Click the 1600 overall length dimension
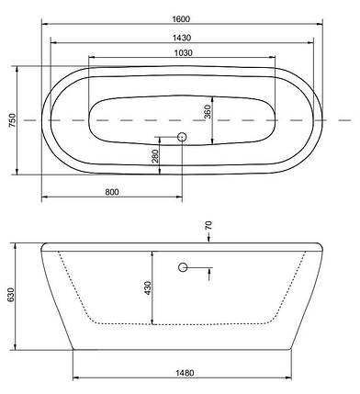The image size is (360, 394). [x=181, y=19]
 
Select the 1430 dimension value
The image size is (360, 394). [x=182, y=38]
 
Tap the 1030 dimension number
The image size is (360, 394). [x=184, y=53]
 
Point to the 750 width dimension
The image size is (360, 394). [x=12, y=120]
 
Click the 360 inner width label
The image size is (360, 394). [x=208, y=112]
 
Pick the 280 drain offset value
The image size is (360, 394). [x=155, y=156]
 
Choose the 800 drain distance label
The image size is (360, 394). [x=112, y=192]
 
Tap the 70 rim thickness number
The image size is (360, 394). [x=208, y=226]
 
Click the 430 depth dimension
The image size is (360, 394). [x=148, y=288]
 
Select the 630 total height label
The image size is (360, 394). [x=11, y=295]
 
